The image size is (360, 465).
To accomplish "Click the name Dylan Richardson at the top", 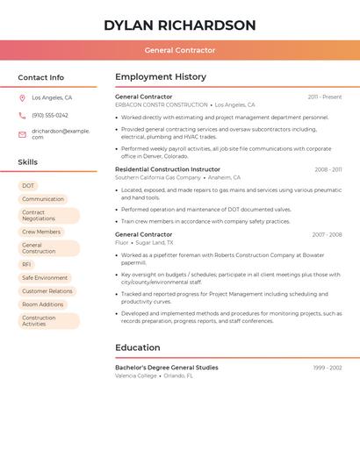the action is pyautogui.click(x=180, y=25).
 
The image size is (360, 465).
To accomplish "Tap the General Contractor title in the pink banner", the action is pyautogui.click(x=180, y=50).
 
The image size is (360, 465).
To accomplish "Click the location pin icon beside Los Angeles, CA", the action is pyautogui.click(x=22, y=98).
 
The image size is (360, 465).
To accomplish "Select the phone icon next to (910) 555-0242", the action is pyautogui.click(x=22, y=115).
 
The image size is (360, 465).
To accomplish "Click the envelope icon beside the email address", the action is pyautogui.click(x=22, y=133).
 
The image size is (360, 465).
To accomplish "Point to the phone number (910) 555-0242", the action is pyautogui.click(x=50, y=115).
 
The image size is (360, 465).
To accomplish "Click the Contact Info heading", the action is pyautogui.click(x=40, y=77).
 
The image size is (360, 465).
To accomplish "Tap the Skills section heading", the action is pyautogui.click(x=27, y=162).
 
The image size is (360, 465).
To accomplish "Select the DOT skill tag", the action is pyautogui.click(x=28, y=186).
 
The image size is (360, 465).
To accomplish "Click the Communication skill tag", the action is pyautogui.click(x=43, y=199).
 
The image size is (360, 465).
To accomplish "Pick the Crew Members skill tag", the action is pyautogui.click(x=41, y=232).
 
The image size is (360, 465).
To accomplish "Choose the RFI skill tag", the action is pyautogui.click(x=26, y=264).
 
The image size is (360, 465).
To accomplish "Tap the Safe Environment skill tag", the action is pyautogui.click(x=45, y=277).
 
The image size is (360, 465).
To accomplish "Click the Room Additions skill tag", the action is pyautogui.click(x=43, y=304).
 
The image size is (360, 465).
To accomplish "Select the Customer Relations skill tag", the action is pyautogui.click(x=47, y=290).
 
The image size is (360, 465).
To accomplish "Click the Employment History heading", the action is pyautogui.click(x=161, y=77).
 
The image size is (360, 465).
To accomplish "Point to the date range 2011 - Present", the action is pyautogui.click(x=324, y=97).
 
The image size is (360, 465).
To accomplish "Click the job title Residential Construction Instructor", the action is pyautogui.click(x=168, y=169).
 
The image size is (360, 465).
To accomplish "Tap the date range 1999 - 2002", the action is pyautogui.click(x=327, y=368).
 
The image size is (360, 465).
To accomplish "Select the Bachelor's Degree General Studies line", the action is pyautogui.click(x=167, y=368).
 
